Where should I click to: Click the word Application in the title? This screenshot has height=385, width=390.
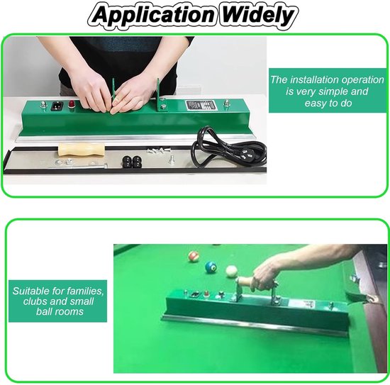pyautogui.click(x=154, y=16)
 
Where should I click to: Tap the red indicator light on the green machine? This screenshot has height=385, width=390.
pyautogui.click(x=71, y=104)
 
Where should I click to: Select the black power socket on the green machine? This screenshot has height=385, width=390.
pyautogui.click(x=57, y=106)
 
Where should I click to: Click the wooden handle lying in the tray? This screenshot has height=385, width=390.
pyautogui.click(x=82, y=150)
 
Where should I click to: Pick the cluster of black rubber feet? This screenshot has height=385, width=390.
pyautogui.click(x=132, y=162)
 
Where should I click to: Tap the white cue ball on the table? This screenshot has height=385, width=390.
pyautogui.click(x=232, y=271)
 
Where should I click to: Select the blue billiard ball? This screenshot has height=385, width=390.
pyautogui.click(x=211, y=267)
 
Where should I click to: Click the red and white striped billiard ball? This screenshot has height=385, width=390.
pyautogui.click(x=194, y=256)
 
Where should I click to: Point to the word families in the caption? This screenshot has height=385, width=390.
pyautogui.click(x=86, y=291)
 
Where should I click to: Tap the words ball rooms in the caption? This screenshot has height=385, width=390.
pyautogui.click(x=60, y=311)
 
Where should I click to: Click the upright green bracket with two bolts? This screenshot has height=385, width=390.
pyautogui.click(x=160, y=95)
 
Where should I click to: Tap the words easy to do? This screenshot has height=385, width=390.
pyautogui.click(x=328, y=104)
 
